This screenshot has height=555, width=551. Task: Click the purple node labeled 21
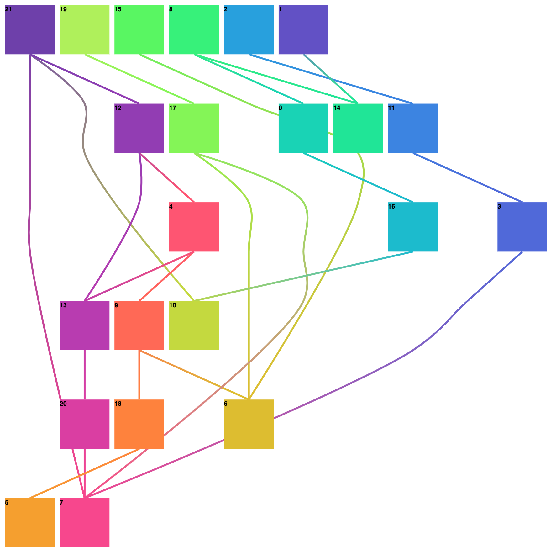click(x=30, y=30)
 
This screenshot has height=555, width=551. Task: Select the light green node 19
click(x=85, y=30)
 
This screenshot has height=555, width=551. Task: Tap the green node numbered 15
click(x=139, y=30)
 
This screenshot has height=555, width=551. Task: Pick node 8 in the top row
click(x=194, y=30)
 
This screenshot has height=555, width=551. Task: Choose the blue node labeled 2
click(x=249, y=30)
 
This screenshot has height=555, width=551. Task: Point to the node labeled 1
click(x=303, y=30)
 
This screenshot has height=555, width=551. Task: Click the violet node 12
click(x=139, y=128)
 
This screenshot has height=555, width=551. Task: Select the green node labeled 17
click(x=194, y=128)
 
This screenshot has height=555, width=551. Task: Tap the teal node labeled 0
click(x=303, y=128)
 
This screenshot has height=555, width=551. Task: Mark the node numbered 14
click(x=358, y=128)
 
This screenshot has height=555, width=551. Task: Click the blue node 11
click(x=413, y=128)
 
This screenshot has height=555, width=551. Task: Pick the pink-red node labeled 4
click(x=194, y=227)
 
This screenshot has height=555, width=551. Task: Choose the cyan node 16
click(x=413, y=227)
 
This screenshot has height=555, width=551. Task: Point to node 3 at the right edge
click(x=522, y=227)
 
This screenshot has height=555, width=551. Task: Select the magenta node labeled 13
click(x=85, y=325)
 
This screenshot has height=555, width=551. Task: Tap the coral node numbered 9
click(x=139, y=325)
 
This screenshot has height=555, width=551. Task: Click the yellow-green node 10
click(x=194, y=325)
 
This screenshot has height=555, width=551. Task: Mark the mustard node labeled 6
click(x=249, y=424)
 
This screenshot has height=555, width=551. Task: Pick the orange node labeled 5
click(x=30, y=523)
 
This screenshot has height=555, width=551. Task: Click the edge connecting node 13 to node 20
click(x=85, y=375)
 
